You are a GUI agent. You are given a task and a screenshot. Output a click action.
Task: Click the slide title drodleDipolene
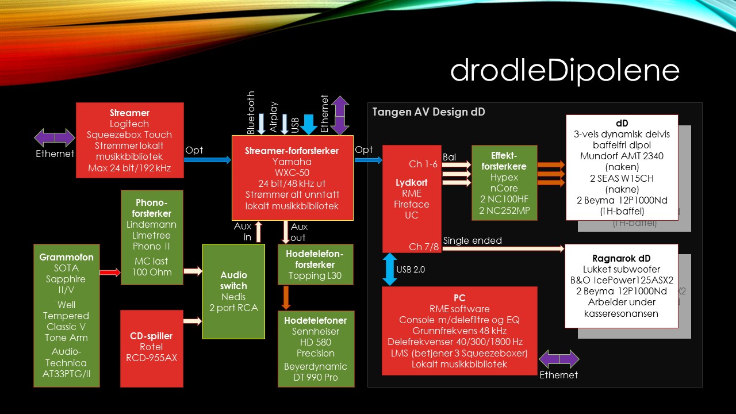tap(565, 70)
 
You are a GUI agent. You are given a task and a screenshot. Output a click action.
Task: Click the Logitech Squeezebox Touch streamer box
tap(129, 140)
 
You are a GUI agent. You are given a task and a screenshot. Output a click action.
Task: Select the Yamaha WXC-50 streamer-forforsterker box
tap(292, 178)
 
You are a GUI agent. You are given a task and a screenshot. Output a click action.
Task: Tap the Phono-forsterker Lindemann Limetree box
tap(152, 237)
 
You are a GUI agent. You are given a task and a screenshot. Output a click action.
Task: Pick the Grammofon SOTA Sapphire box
tap(66, 315)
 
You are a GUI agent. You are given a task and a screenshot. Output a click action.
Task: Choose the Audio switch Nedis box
tap(233, 291)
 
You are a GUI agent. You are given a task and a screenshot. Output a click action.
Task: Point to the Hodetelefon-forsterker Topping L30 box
tap(315, 264)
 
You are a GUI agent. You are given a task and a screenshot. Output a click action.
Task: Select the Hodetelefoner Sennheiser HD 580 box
tap(315, 348)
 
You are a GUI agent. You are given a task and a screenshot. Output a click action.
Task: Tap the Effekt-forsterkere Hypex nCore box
tap(504, 182)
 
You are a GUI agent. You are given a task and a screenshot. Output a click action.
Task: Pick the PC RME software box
tap(459, 331)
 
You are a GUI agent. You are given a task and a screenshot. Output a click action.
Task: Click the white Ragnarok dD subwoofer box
tap(622, 285)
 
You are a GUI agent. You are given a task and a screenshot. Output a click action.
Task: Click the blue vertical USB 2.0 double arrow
tap(390, 269)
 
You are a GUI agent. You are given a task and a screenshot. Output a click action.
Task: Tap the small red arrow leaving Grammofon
tap(110, 272)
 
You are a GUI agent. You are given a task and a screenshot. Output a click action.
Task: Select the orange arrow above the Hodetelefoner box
tap(286, 298)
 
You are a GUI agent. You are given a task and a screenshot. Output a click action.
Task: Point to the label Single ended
tap(472, 241)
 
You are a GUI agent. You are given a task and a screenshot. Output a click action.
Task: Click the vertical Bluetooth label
tap(251, 113)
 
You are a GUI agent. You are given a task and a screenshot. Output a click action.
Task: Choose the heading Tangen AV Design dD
tap(428, 112)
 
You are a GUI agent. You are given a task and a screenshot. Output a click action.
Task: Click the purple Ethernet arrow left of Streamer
tap(55, 138)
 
